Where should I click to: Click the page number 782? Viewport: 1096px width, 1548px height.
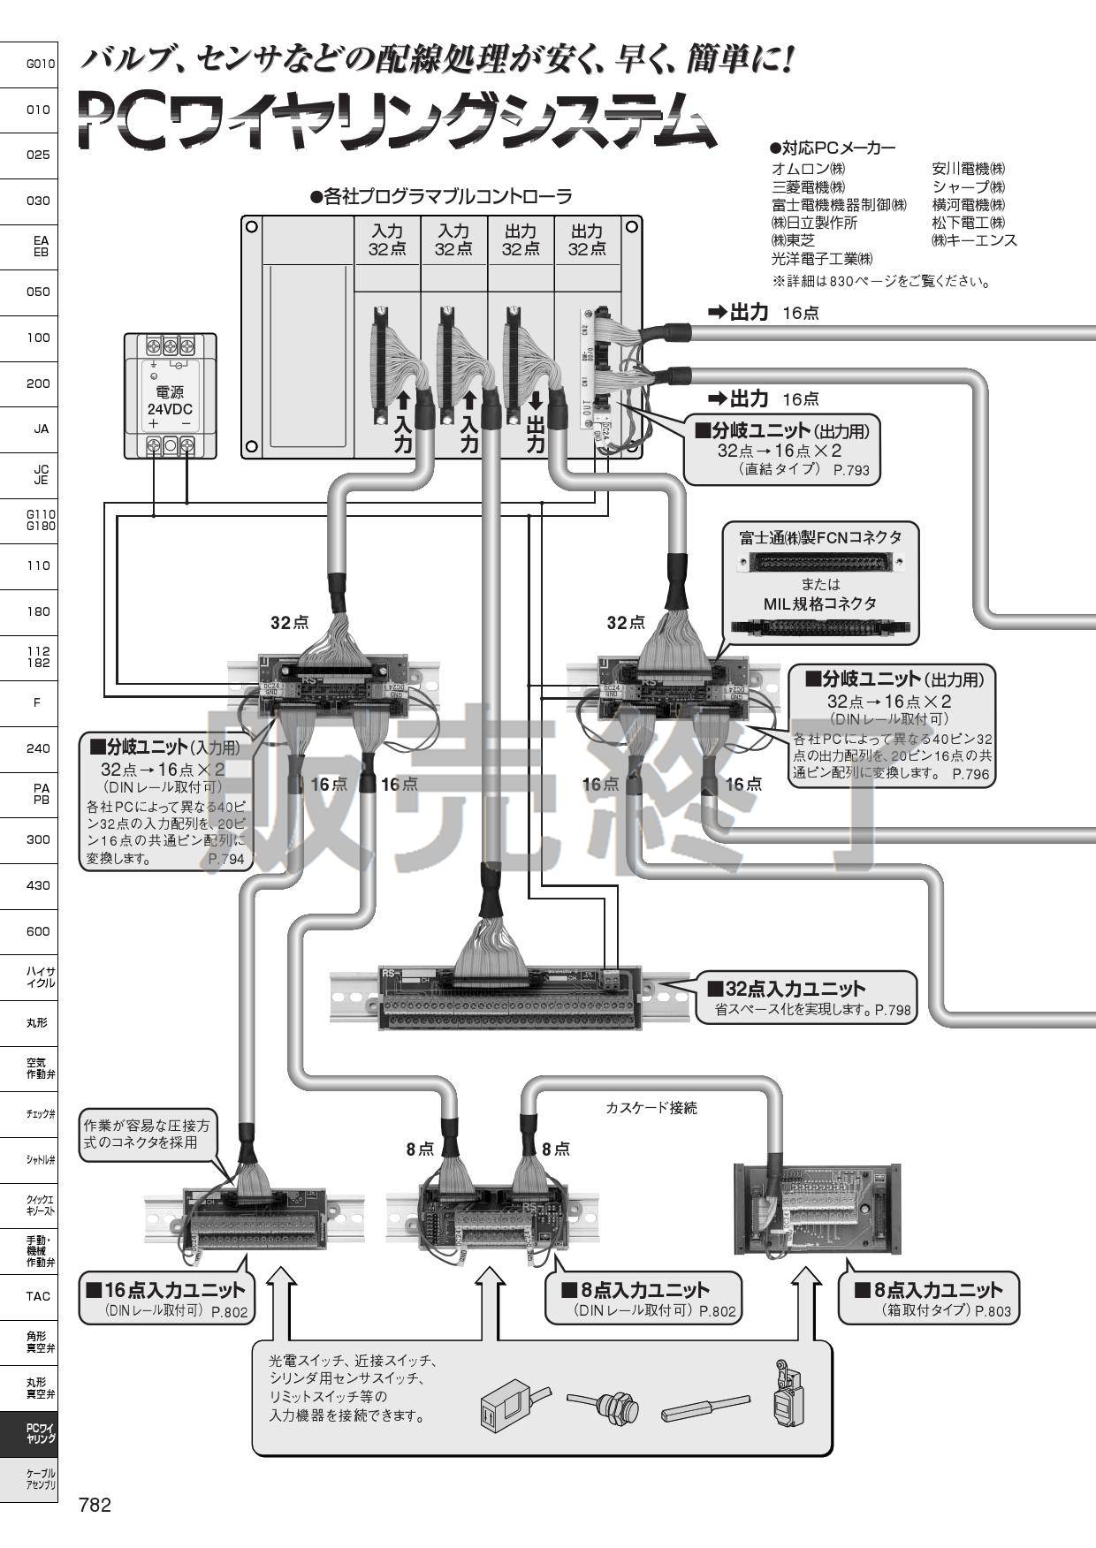coord(95,1505)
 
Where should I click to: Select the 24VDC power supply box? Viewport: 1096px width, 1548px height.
coord(171,395)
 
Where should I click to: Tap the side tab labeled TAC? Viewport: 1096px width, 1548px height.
coord(38,1296)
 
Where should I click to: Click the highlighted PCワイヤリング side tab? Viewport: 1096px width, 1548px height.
coord(40,1433)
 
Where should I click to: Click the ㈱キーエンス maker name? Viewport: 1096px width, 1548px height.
coord(974,239)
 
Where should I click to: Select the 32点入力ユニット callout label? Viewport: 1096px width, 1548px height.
coord(795,989)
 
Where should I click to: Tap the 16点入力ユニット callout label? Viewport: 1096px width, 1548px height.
coord(165,1290)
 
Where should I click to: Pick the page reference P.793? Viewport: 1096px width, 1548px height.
coord(851,470)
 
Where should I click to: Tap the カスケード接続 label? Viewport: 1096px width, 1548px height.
coord(651,1108)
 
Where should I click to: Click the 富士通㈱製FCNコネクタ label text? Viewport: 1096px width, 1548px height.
coord(820,537)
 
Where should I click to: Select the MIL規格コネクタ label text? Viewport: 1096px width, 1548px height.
coord(820,604)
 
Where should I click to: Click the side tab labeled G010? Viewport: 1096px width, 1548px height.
coord(40,64)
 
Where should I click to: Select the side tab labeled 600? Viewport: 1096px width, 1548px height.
coord(38,931)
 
